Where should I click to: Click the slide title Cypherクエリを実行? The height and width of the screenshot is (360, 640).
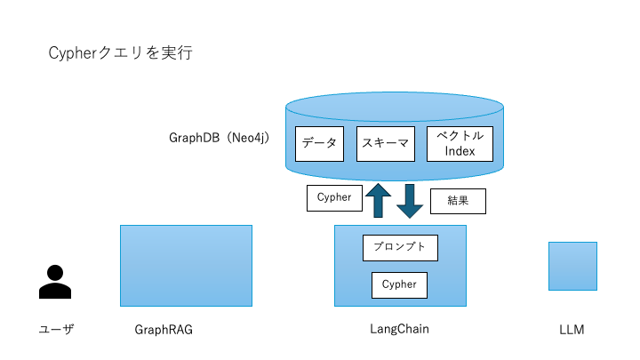pyautogui.click(x=121, y=53)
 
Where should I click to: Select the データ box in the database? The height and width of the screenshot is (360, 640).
pyautogui.click(x=319, y=143)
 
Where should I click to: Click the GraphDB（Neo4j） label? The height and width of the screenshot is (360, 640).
pyautogui.click(x=219, y=139)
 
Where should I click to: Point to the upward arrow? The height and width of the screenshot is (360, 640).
pyautogui.click(x=379, y=200)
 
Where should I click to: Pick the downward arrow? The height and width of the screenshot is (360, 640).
pyautogui.click(x=410, y=201)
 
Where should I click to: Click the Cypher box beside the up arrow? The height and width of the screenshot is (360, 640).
pyautogui.click(x=334, y=198)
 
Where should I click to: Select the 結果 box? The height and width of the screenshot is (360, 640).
pyautogui.click(x=459, y=202)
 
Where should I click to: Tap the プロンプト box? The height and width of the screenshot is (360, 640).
pyautogui.click(x=400, y=248)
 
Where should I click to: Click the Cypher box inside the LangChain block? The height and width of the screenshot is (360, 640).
pyautogui.click(x=399, y=285)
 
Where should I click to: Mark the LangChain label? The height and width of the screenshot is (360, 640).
pyautogui.click(x=399, y=329)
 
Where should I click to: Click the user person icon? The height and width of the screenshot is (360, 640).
pyautogui.click(x=55, y=282)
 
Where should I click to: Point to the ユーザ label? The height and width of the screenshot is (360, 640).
pyautogui.click(x=56, y=330)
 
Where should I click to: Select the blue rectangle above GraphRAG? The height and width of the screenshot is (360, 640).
pyautogui.click(x=186, y=265)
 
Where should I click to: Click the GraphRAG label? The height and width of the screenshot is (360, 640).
pyautogui.click(x=164, y=330)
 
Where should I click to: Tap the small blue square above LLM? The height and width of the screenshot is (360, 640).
pyautogui.click(x=572, y=266)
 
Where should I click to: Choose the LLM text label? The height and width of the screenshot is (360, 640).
pyautogui.click(x=572, y=330)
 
